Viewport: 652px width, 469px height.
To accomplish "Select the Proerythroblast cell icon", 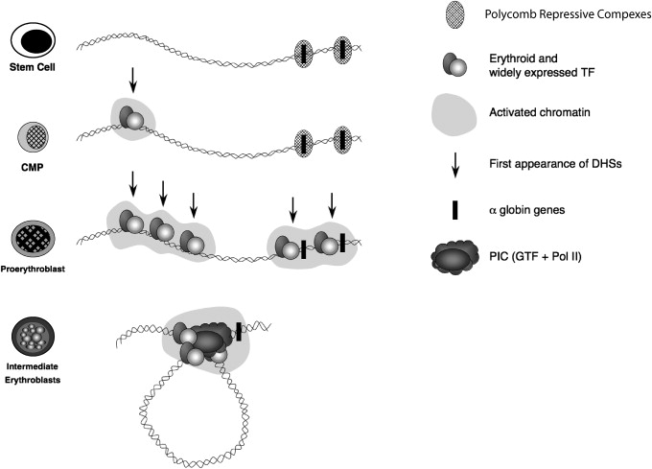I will tap(33, 235).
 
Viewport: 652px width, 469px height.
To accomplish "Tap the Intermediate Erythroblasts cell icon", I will tap(33, 338).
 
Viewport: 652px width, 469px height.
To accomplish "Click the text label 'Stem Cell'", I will tap(32, 68).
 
